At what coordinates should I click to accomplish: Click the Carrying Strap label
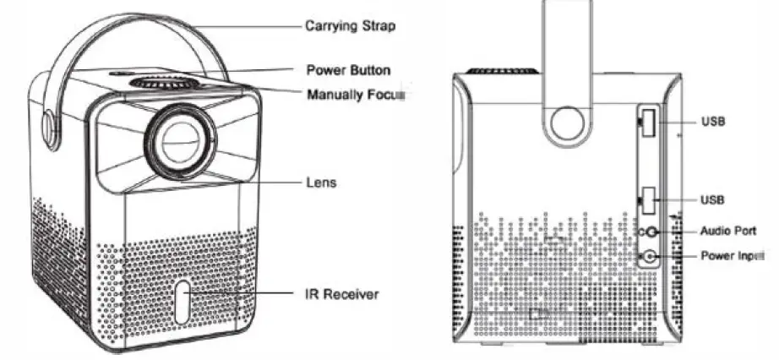(x=350, y=26)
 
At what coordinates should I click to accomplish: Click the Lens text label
(x=321, y=182)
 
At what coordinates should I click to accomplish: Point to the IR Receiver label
(x=341, y=294)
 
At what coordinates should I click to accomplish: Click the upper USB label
(x=712, y=122)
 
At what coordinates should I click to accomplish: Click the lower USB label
(x=712, y=199)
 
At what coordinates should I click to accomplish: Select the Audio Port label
(x=727, y=230)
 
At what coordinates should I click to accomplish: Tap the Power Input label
(x=732, y=254)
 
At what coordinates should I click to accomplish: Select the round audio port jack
(x=651, y=231)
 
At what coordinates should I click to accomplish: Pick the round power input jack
(x=650, y=255)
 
